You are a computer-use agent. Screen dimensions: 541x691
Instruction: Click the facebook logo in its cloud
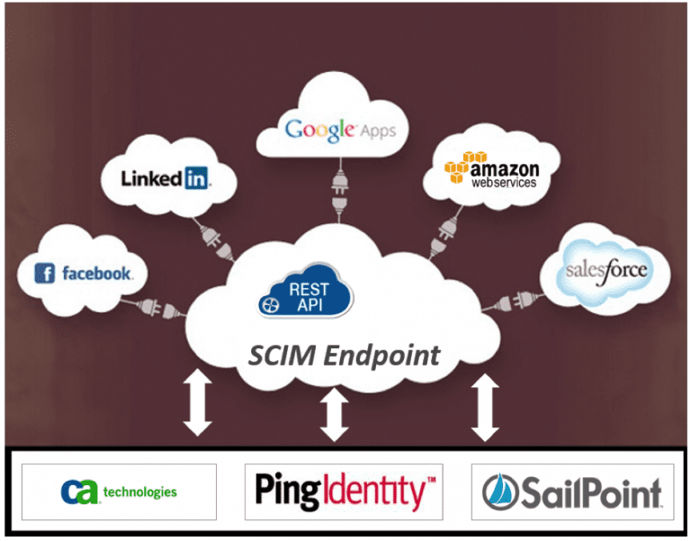coord(84,273)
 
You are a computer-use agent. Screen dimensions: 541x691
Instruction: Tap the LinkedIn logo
coord(166,178)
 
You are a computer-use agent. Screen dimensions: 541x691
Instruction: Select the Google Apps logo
coord(340,130)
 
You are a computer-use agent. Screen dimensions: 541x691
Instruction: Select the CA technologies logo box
coord(119,491)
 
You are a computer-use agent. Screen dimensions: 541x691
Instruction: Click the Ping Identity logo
coord(344,491)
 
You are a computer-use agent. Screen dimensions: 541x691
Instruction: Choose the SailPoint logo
coord(572,491)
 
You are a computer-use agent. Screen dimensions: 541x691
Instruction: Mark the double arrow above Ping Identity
coord(335,414)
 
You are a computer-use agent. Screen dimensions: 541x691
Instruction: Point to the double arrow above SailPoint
coord(486,407)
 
